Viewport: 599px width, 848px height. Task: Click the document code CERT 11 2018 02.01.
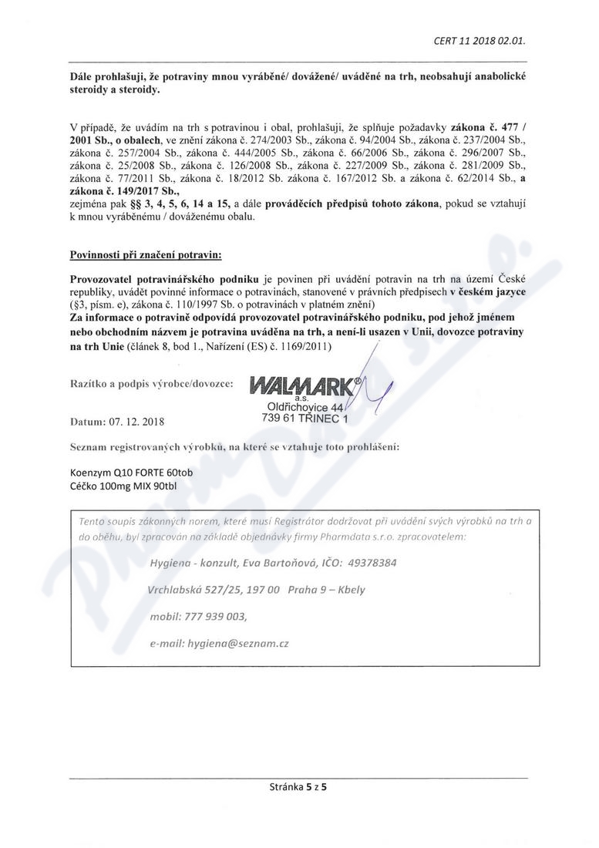[480, 41]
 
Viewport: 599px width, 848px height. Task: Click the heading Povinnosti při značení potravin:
[146, 253]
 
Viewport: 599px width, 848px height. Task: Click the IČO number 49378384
[369, 563]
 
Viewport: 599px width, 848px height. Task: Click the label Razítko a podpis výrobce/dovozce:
[152, 382]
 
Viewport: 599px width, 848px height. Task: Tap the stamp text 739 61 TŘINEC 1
[305, 418]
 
